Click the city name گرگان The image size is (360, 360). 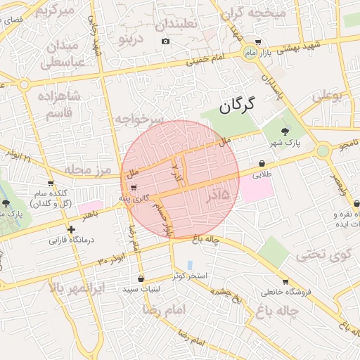click(x=234, y=107)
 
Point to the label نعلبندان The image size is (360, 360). click(x=178, y=23)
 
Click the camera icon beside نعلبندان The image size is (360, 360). click(x=165, y=41)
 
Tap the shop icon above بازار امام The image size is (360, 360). click(x=258, y=42)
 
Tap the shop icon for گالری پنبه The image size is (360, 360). click(x=134, y=187)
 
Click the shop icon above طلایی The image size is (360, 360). click(x=262, y=163)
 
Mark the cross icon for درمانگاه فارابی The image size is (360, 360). click(x=70, y=229)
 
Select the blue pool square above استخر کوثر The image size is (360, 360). click(x=189, y=264)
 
